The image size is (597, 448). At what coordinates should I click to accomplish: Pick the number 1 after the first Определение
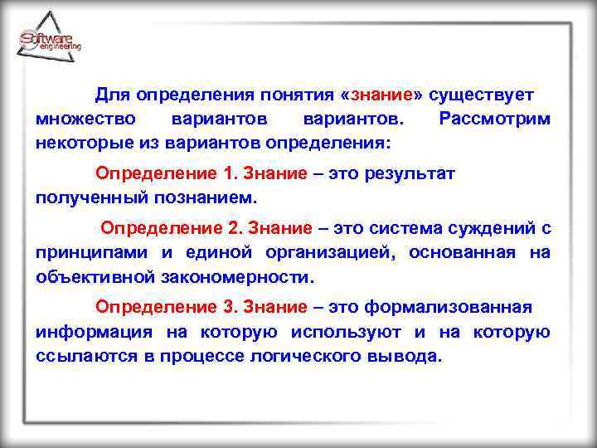(x=229, y=174)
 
